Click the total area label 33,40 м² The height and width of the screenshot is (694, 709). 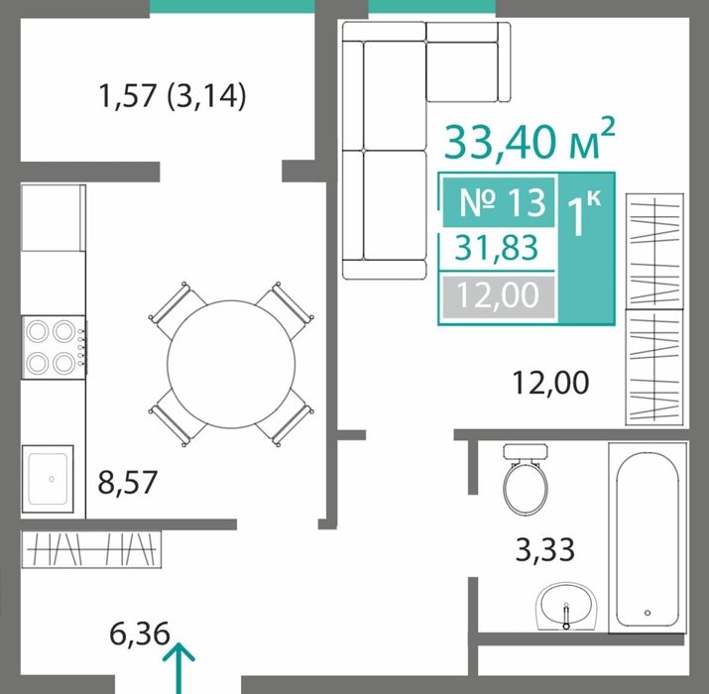530,139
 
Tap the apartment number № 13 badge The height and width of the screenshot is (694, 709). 499,202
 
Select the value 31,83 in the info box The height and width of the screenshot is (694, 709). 497,248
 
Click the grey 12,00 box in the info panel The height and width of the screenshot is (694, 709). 498,296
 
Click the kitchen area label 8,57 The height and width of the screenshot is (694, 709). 128,483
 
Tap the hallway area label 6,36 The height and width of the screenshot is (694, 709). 139,634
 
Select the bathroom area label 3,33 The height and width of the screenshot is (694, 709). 544,549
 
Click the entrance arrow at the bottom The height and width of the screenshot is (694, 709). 179,668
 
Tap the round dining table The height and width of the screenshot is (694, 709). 231,364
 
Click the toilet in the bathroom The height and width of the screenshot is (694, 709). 526,479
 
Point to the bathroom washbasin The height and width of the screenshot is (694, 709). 566,607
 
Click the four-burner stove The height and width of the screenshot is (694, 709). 54,347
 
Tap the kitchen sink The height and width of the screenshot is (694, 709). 48,479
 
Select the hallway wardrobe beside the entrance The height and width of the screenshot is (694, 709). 91,549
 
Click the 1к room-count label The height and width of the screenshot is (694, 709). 584,213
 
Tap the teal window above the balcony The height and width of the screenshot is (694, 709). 232,6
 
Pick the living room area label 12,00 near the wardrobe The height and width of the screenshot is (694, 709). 550,383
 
